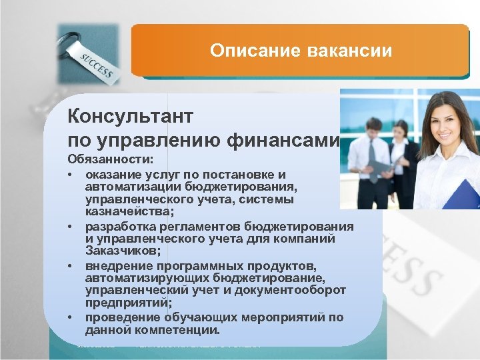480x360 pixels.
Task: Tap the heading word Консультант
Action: point(131,117)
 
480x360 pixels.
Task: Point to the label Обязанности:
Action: point(110,161)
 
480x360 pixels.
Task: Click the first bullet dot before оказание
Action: point(69,175)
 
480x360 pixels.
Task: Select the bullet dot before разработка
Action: point(69,226)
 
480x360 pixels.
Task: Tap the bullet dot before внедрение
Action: point(69,267)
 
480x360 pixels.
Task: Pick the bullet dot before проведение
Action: point(69,317)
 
